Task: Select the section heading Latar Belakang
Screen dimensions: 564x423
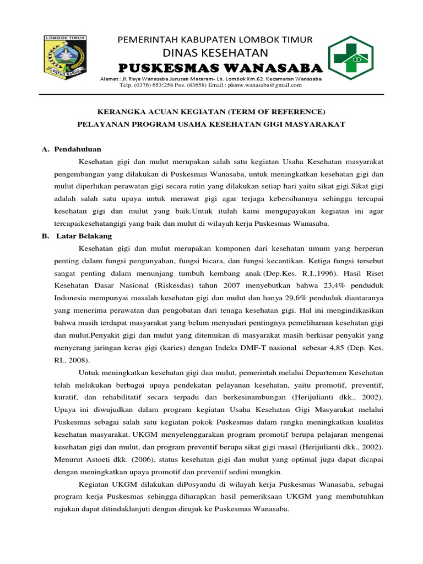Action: click(x=84, y=236)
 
